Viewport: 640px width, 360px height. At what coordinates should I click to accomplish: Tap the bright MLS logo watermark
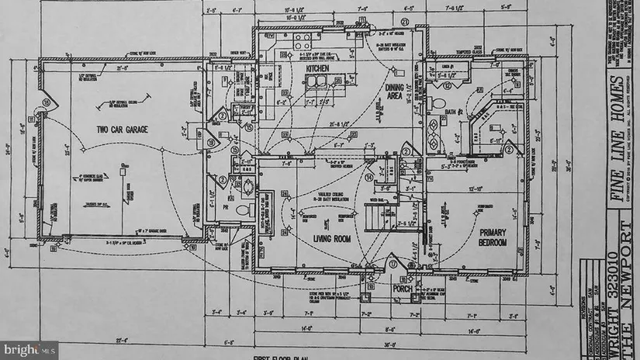tap(29, 349)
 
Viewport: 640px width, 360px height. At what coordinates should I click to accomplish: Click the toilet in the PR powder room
tap(241, 209)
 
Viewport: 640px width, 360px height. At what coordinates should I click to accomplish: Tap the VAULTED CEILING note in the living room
tap(313, 195)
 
